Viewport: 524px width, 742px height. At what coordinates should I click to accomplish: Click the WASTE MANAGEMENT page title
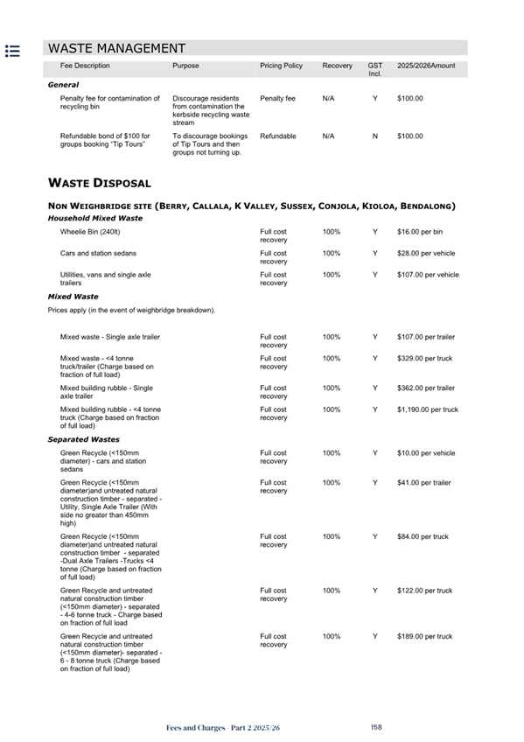116,49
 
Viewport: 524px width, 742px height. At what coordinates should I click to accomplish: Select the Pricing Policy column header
281,66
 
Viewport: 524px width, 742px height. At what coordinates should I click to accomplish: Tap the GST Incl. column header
374,69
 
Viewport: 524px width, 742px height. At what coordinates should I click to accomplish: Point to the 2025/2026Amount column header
426,66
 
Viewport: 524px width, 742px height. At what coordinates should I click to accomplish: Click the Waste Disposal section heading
99,183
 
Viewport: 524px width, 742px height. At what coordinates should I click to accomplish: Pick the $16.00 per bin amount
420,232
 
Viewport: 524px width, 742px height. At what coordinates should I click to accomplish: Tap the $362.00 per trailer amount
425,388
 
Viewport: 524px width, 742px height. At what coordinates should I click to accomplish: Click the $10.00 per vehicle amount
426,453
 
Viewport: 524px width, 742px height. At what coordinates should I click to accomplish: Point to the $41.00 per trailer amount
424,482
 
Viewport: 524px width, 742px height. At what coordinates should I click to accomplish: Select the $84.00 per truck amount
423,536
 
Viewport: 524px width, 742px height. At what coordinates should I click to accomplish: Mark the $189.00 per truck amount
424,636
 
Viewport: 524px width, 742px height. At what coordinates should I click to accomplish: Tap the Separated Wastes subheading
84,439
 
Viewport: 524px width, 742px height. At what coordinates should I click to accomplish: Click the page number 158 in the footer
376,727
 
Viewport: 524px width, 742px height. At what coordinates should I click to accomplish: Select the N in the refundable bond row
374,136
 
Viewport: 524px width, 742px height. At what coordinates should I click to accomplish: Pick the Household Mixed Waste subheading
94,218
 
